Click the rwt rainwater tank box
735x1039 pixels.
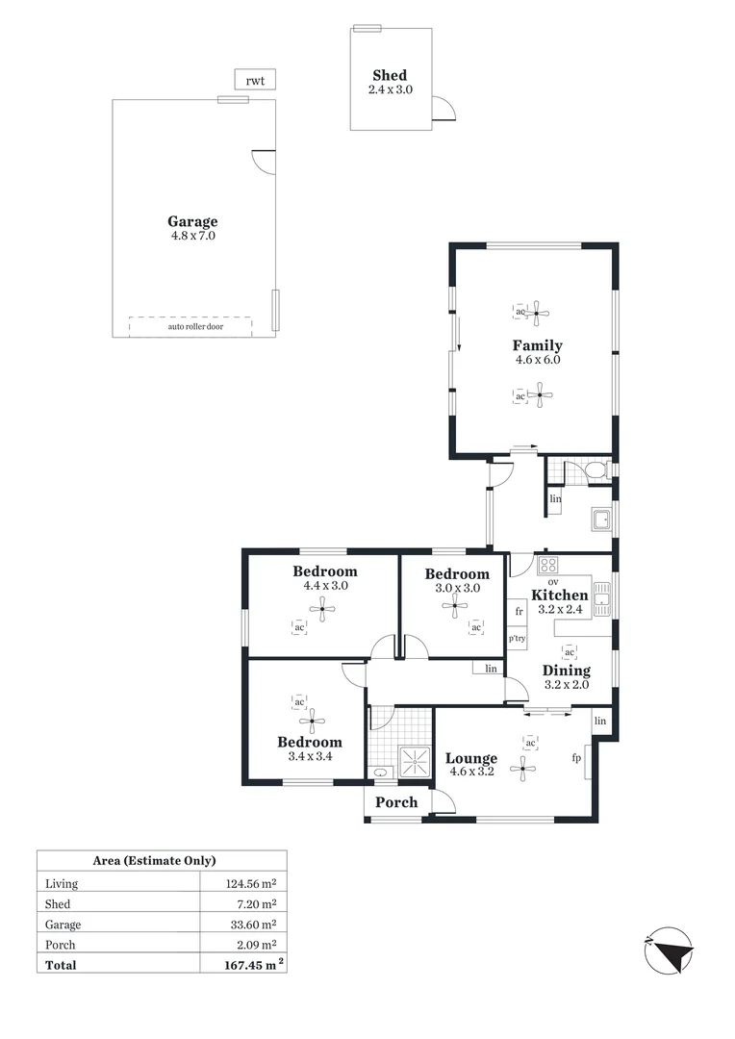(255, 81)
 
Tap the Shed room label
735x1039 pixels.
(390, 75)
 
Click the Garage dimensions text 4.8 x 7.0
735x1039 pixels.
(193, 236)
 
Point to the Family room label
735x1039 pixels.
(537, 345)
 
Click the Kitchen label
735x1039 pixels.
(559, 596)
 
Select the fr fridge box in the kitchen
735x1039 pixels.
(519, 611)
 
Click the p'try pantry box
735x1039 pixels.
(518, 639)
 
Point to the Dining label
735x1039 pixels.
(566, 671)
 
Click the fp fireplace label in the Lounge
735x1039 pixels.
(576, 759)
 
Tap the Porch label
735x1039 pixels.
(396, 802)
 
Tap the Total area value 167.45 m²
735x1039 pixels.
(244, 964)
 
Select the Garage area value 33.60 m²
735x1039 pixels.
(250, 925)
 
